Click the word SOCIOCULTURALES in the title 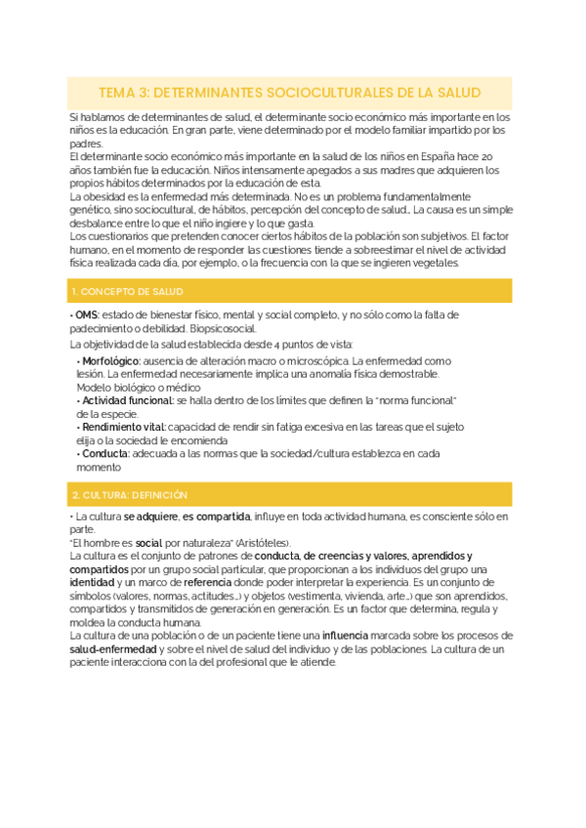[335, 93]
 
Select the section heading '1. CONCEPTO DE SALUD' [127, 292]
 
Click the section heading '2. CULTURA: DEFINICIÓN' [130, 494]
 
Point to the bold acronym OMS [86, 315]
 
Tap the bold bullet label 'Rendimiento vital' [123, 427]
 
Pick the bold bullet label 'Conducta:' [106, 453]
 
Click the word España [416, 156]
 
